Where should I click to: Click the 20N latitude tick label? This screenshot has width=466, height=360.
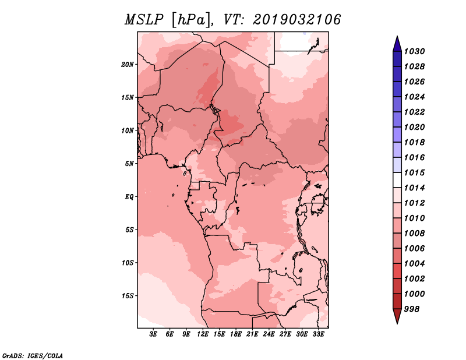(x=128, y=65)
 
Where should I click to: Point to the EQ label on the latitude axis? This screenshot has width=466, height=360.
(x=129, y=197)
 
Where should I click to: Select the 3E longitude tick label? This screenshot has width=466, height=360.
(x=153, y=334)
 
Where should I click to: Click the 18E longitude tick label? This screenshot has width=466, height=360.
(x=236, y=334)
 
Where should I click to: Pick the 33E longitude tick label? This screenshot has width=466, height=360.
(x=318, y=334)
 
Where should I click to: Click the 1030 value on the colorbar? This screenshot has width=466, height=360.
(x=415, y=51)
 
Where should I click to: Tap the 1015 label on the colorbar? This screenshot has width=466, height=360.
(x=415, y=172)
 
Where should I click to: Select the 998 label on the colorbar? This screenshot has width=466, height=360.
(x=412, y=309)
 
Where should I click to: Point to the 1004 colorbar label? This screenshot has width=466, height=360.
(x=415, y=264)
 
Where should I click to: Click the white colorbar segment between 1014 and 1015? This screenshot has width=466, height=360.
(x=397, y=180)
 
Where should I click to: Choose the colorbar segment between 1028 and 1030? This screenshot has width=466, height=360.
(x=397, y=59)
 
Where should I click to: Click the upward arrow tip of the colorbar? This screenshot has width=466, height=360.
(x=397, y=36)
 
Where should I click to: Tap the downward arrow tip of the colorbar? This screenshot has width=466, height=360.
(x=397, y=324)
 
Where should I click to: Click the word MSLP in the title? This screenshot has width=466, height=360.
(x=144, y=20)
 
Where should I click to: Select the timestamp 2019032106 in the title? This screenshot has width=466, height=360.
(x=297, y=20)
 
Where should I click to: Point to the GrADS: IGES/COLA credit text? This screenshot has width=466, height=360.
(x=33, y=356)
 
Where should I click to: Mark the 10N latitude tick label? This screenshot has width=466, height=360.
(x=128, y=130)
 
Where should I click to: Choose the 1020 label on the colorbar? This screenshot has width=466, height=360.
(x=415, y=127)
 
